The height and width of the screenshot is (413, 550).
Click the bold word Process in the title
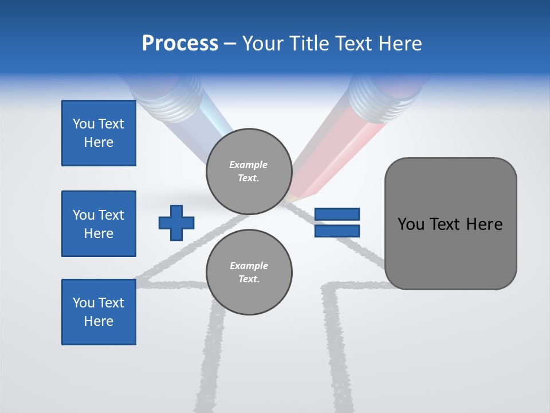point(180,44)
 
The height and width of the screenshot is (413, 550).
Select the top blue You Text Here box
point(99,133)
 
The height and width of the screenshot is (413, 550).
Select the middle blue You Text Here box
point(99,224)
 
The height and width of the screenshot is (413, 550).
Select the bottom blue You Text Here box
point(99,312)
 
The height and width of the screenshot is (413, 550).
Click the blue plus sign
point(176,223)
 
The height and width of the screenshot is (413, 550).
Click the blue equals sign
point(337,223)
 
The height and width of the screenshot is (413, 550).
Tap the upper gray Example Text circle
point(249,171)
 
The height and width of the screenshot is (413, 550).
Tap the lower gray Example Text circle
point(249,272)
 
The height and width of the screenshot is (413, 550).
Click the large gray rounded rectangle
point(450,224)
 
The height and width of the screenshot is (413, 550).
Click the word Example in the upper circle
point(249,165)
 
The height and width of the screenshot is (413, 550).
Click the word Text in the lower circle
point(249,279)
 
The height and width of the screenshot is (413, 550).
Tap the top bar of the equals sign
point(337,215)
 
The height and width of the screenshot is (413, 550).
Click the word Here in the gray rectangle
point(484,224)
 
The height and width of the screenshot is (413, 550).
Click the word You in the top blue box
point(84,124)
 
